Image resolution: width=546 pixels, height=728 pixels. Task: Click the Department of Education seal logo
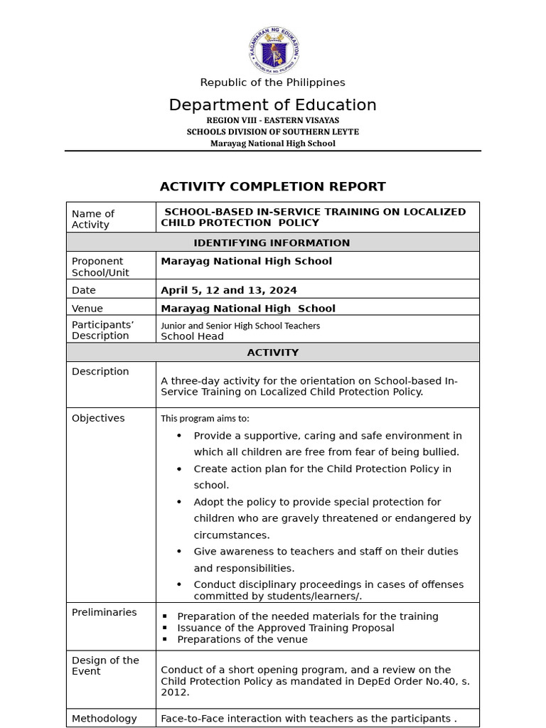(x=274, y=50)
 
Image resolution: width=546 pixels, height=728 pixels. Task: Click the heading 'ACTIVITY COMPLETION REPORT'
(x=272, y=186)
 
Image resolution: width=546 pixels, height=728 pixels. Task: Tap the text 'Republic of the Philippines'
(x=272, y=82)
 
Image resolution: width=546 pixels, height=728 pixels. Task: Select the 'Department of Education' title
(x=272, y=105)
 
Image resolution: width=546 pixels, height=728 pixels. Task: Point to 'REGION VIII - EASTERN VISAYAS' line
(x=272, y=120)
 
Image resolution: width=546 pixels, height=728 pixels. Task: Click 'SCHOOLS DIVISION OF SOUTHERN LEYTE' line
(x=272, y=132)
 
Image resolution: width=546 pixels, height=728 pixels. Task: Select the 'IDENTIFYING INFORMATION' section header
(x=272, y=242)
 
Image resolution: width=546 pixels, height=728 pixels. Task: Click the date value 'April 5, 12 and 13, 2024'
(x=229, y=290)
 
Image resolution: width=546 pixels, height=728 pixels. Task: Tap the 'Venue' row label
(x=87, y=309)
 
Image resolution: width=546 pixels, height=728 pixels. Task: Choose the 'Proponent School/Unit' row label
(x=100, y=267)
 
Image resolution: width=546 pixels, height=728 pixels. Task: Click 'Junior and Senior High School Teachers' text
(x=240, y=326)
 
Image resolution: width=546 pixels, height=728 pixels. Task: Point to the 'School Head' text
(x=192, y=336)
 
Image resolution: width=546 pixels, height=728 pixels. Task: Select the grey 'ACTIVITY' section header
(x=272, y=352)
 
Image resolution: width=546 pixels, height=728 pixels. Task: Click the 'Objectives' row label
(x=98, y=418)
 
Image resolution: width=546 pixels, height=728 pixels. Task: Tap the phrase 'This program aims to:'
(x=205, y=419)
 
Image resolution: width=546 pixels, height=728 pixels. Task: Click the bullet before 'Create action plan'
(x=179, y=469)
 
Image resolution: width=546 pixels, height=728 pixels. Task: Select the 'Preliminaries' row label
(x=104, y=612)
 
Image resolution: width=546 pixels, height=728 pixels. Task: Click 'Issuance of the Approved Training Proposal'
(x=285, y=628)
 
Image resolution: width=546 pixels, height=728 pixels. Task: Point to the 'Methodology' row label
(x=104, y=719)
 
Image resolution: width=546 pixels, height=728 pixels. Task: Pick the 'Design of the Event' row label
(x=105, y=665)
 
